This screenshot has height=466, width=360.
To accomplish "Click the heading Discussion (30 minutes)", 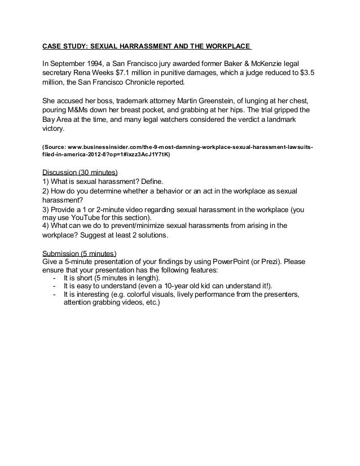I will tap(80, 172).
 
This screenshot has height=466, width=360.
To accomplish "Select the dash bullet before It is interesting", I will tap(54, 294).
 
